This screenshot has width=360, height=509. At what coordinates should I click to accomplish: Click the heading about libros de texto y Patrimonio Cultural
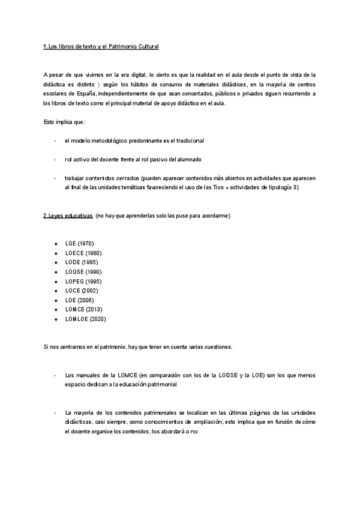101,46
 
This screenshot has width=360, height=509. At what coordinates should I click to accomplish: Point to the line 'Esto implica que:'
64,122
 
